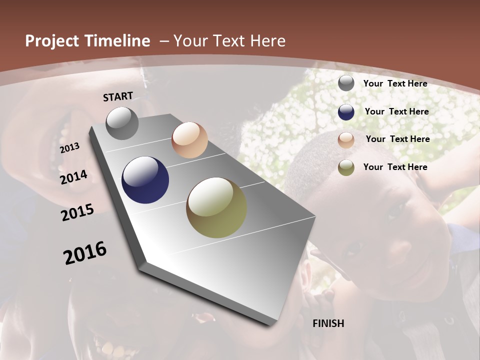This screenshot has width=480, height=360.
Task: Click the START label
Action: pos(118,96)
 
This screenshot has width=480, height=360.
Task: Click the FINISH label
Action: pos(328,323)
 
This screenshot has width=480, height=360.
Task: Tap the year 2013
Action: pos(70,148)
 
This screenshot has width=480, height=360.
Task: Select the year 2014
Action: pos(73,177)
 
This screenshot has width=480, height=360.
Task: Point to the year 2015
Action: pos(77,212)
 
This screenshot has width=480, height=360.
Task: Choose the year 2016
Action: pos(85,252)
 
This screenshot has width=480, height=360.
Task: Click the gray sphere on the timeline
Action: pos(122,123)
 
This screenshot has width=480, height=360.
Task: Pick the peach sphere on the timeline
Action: pos(189,140)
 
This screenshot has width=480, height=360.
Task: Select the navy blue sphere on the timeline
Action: pos(145,180)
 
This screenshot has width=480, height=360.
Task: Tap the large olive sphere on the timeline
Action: pos(216,207)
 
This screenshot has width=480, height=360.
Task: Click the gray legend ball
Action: pos(346,83)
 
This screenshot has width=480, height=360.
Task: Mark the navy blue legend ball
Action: pos(346,112)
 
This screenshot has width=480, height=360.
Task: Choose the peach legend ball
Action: pos(346,140)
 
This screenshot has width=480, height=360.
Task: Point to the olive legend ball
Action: pos(346,167)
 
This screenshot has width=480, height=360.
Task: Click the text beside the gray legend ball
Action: pos(395,83)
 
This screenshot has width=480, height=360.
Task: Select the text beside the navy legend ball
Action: pos(396,111)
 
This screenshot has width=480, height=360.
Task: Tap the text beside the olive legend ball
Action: pos(395,167)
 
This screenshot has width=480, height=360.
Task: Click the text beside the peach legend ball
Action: pos(397,139)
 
